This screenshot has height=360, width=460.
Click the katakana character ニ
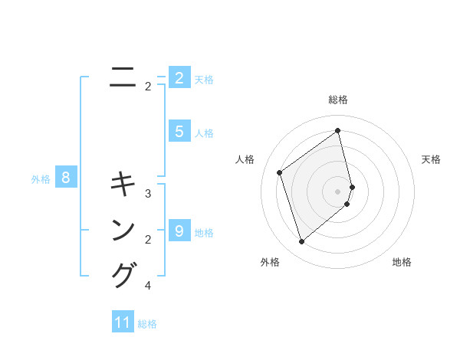123,77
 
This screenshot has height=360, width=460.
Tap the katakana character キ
123,185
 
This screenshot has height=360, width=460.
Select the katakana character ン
123,230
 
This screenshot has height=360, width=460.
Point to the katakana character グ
123,275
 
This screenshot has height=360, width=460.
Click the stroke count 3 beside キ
148,194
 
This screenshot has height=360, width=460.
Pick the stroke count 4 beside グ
148,286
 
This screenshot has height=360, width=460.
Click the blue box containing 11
123,322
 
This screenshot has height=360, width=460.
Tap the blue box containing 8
66,178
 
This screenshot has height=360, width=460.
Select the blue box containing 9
179,231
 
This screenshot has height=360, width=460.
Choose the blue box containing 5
179,132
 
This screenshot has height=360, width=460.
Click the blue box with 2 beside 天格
179,78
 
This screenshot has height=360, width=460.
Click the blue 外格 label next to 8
41,179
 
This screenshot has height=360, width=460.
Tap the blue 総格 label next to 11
147,324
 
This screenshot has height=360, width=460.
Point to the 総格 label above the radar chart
338,100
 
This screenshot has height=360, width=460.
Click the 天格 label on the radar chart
431,159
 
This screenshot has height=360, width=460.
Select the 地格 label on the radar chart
402,262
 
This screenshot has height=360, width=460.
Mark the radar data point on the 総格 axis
338,131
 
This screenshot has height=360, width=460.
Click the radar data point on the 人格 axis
280,172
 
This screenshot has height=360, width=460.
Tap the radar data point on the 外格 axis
301,242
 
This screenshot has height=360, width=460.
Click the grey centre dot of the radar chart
338,191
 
